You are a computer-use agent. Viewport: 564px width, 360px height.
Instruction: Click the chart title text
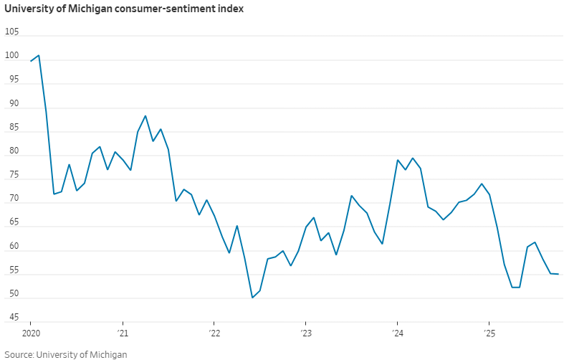(x=123, y=10)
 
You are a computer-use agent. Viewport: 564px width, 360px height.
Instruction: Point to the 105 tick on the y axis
(x=12, y=33)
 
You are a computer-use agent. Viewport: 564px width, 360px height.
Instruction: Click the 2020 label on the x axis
(x=31, y=333)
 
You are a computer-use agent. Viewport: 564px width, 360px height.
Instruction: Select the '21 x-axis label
(x=123, y=333)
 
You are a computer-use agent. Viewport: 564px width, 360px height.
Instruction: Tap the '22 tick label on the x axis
(x=214, y=333)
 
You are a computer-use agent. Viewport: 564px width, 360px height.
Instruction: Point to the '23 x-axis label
(x=305, y=333)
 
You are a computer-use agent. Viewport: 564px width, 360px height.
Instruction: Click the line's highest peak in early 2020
(x=39, y=55)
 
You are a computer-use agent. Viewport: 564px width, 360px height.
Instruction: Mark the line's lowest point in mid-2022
(x=252, y=298)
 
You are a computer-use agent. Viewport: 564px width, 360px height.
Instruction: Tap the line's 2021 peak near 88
(x=145, y=116)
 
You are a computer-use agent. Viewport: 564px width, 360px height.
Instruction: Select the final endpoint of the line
(x=558, y=274)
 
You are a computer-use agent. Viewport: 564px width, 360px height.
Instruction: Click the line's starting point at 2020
(x=31, y=61)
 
